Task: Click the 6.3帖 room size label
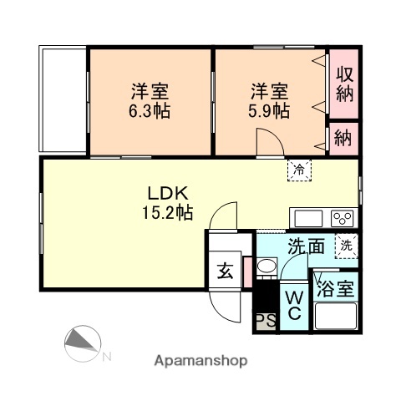point(150,111)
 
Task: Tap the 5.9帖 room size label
point(269,111)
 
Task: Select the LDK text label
point(168,193)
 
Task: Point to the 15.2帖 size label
point(168,212)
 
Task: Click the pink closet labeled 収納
point(343,84)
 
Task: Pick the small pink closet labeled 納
point(343,139)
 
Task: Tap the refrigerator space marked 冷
point(299,170)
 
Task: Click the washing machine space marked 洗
point(347,246)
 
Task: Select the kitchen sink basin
point(308,219)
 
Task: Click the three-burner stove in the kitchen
point(343,219)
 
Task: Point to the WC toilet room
point(294,307)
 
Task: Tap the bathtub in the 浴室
point(336,316)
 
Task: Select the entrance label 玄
point(225,271)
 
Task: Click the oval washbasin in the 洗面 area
point(266,266)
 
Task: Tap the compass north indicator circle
point(83,343)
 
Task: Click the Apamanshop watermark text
point(200,361)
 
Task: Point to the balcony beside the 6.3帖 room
point(63,99)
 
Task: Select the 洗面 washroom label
point(306,246)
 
